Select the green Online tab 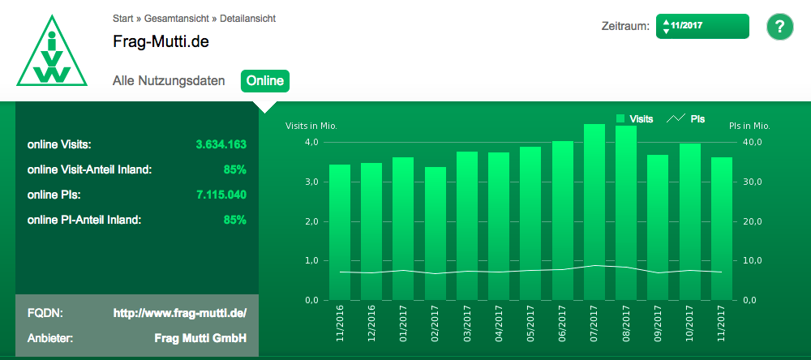[x=265, y=80]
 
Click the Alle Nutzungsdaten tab [x=169, y=81]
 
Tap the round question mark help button [x=779, y=26]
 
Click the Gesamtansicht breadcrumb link [x=176, y=17]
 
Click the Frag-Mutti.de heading [x=161, y=41]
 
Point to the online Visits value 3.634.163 [x=221, y=145]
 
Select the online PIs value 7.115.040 [x=221, y=195]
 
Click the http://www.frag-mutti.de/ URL [x=179, y=312]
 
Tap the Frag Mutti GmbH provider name [x=200, y=338]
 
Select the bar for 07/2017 [x=594, y=212]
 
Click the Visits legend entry [x=634, y=119]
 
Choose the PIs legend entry [x=686, y=119]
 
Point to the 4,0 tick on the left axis [x=312, y=143]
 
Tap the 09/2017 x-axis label [x=658, y=322]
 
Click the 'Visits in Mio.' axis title [x=311, y=126]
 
